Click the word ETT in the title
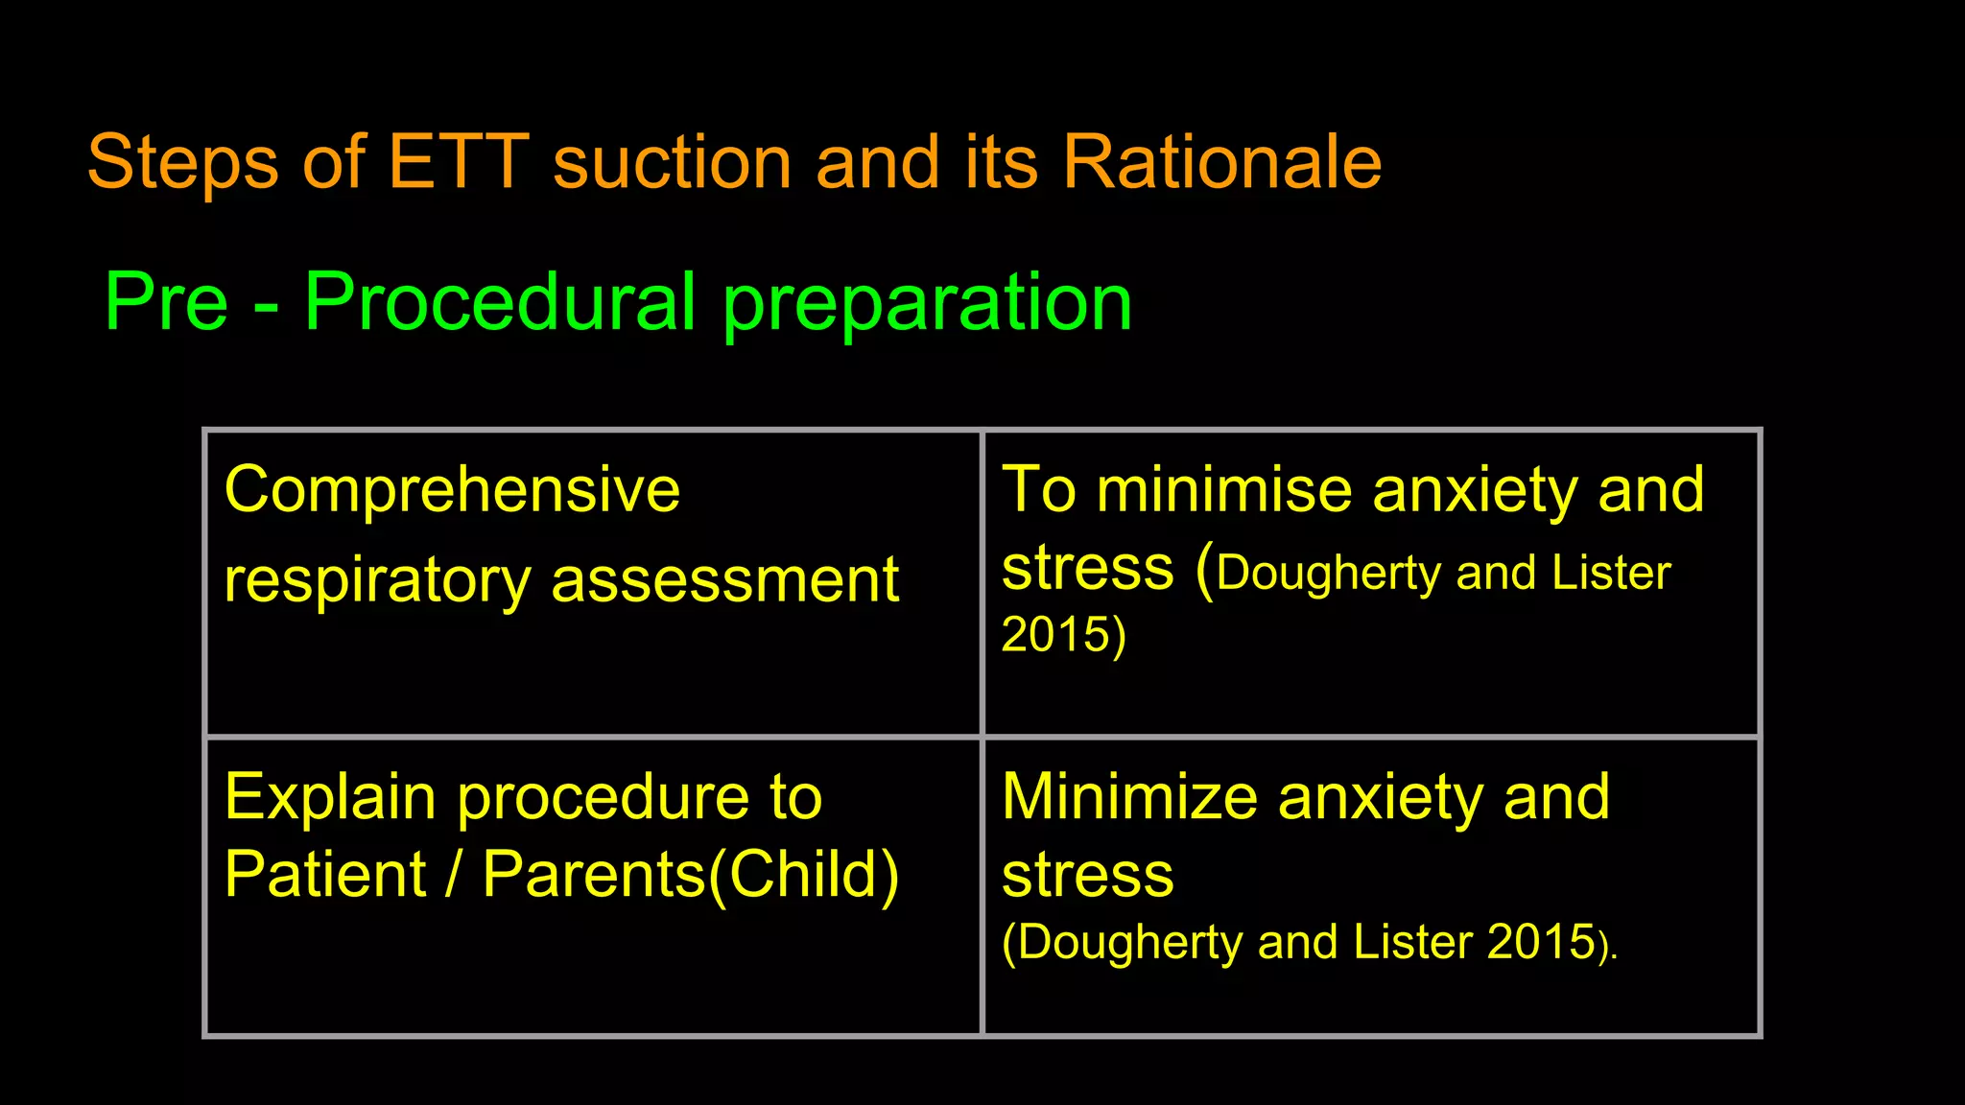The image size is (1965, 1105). [458, 162]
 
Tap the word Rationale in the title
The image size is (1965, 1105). [1221, 162]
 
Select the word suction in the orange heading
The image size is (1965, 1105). [672, 162]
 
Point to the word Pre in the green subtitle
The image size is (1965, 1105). [166, 302]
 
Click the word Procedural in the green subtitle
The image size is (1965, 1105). [499, 302]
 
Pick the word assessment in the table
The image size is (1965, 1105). [724, 581]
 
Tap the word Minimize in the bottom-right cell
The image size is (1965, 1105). [1129, 797]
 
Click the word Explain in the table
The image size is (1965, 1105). [330, 799]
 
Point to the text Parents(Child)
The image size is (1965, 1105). [691, 875]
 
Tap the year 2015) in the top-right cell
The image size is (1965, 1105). [1063, 635]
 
